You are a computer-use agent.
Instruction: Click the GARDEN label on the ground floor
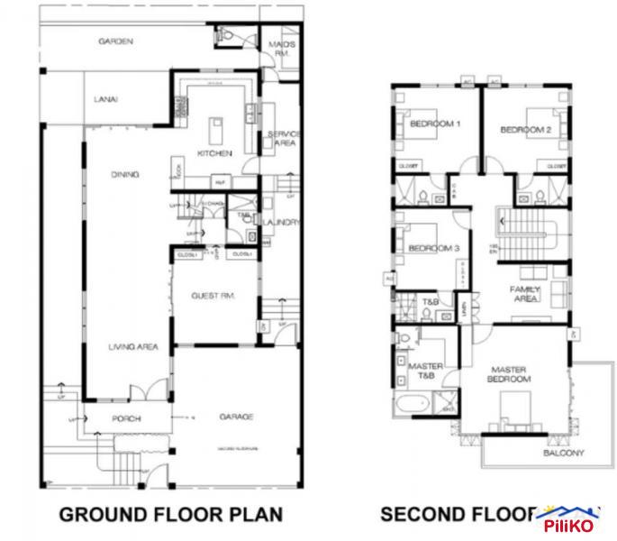[x=116, y=41]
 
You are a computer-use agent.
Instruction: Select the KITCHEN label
[x=216, y=153]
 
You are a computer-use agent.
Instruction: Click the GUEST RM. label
[x=213, y=296]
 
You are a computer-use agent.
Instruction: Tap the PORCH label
[x=126, y=417]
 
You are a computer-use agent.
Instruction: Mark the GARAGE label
[x=236, y=417]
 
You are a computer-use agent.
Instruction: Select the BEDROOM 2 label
[x=525, y=130]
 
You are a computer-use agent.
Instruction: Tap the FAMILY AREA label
[x=524, y=293]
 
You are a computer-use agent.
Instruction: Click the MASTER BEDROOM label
[x=510, y=374]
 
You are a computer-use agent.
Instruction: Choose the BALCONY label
[x=565, y=453]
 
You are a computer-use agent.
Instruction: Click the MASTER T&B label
[x=425, y=371]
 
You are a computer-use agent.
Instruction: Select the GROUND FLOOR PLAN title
[x=170, y=515]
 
